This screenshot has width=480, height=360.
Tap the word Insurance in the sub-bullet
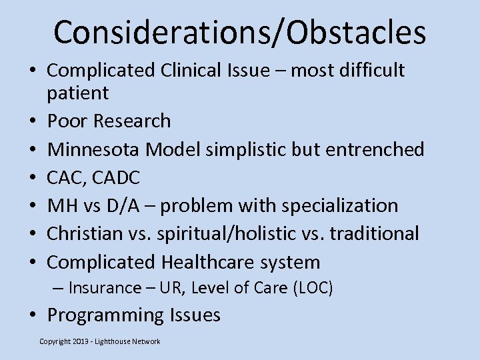tap(105, 288)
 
